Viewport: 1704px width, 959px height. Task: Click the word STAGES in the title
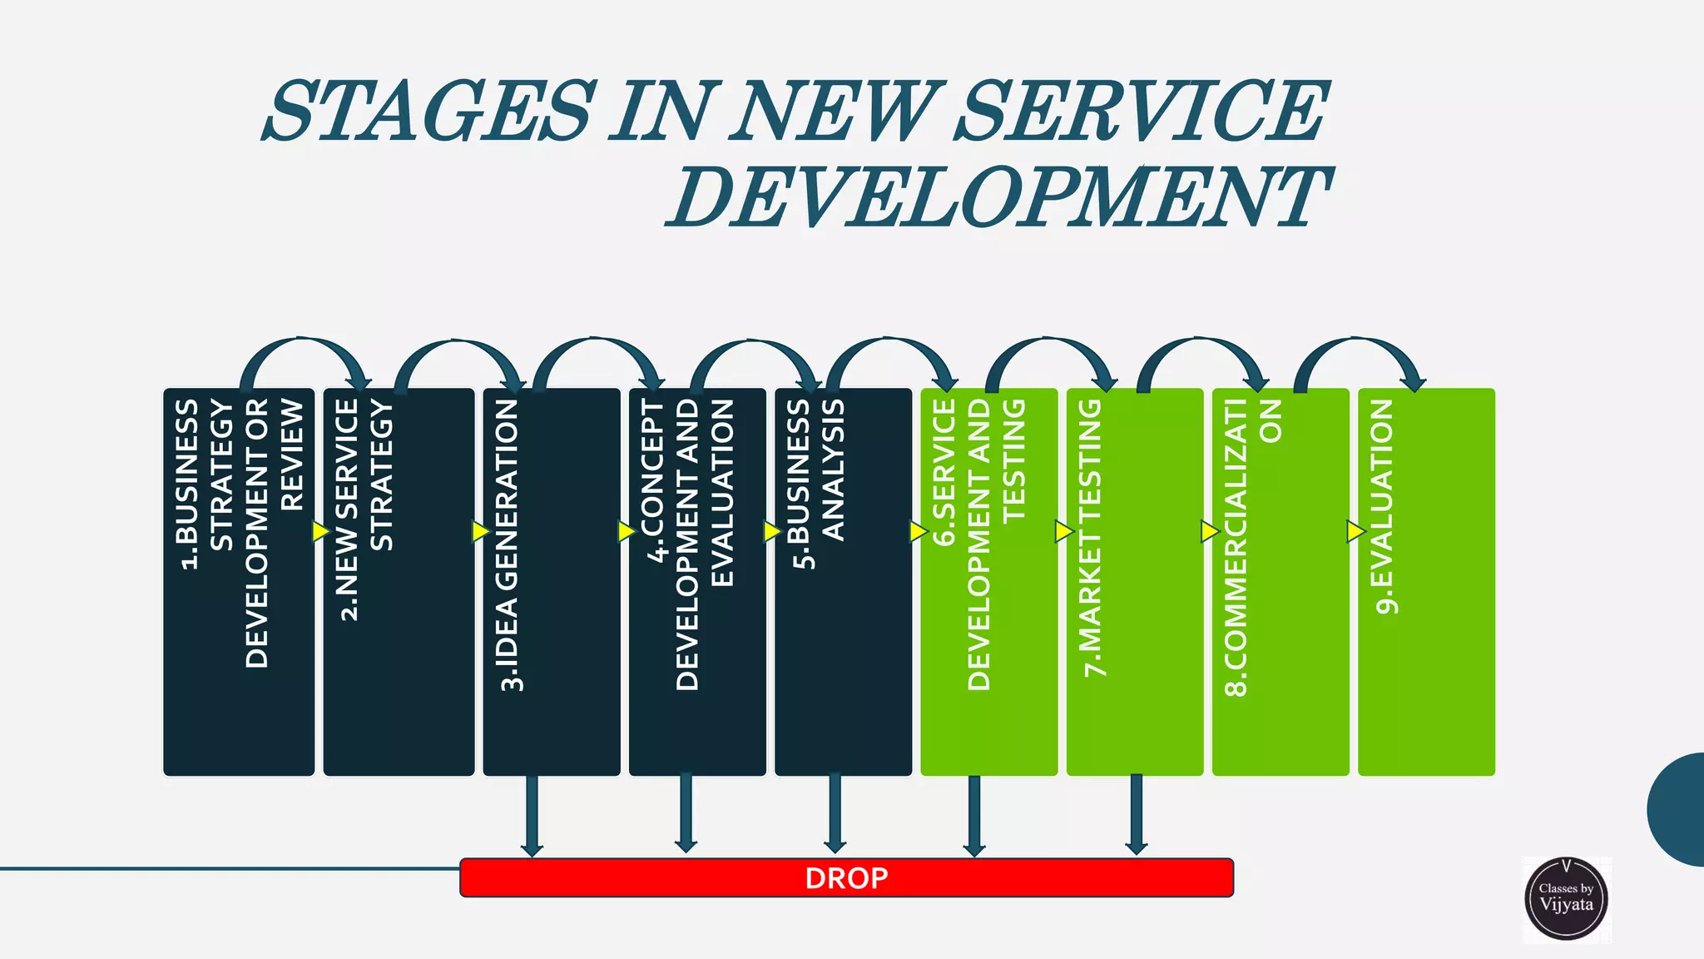[x=429, y=111]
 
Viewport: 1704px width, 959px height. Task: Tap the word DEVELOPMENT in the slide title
[x=998, y=197]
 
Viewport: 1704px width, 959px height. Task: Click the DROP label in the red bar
[x=846, y=878]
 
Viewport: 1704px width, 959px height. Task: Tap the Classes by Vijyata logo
[x=1566, y=899]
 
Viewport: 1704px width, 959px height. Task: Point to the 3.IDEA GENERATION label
[x=508, y=545]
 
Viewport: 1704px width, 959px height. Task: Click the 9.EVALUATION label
[x=1383, y=506]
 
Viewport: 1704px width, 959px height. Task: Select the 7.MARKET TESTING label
[x=1091, y=538]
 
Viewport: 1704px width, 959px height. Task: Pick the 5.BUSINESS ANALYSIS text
[x=817, y=483]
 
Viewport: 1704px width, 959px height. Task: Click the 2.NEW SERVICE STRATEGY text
[x=363, y=508]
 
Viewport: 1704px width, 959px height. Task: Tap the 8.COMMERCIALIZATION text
[x=1253, y=545]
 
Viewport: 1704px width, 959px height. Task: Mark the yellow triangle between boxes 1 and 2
[x=320, y=531]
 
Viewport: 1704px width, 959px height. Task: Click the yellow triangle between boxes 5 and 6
[x=918, y=531]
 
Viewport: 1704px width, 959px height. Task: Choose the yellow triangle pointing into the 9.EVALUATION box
[x=1355, y=531]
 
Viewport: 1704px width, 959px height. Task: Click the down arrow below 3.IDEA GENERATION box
[x=532, y=816]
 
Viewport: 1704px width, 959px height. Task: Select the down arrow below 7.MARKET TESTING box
[x=1136, y=814]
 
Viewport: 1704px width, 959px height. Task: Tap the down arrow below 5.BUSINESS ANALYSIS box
[x=835, y=814]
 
